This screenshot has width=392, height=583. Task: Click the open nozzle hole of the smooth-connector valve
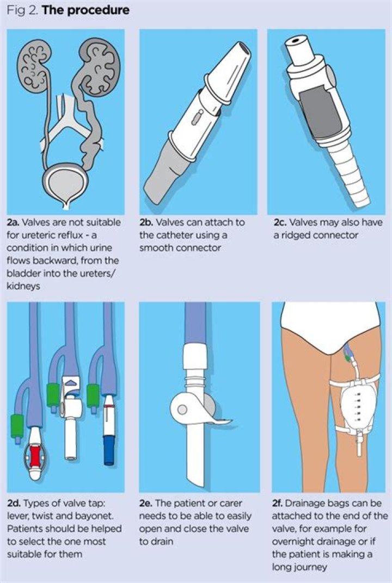pos(244,48)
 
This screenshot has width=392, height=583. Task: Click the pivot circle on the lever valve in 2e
pos(182,410)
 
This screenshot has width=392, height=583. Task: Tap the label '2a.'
pos(13,222)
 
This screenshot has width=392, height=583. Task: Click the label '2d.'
pos(14,504)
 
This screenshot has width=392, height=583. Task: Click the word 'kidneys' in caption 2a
pos(23,286)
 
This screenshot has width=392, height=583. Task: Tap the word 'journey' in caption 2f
pos(305,567)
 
